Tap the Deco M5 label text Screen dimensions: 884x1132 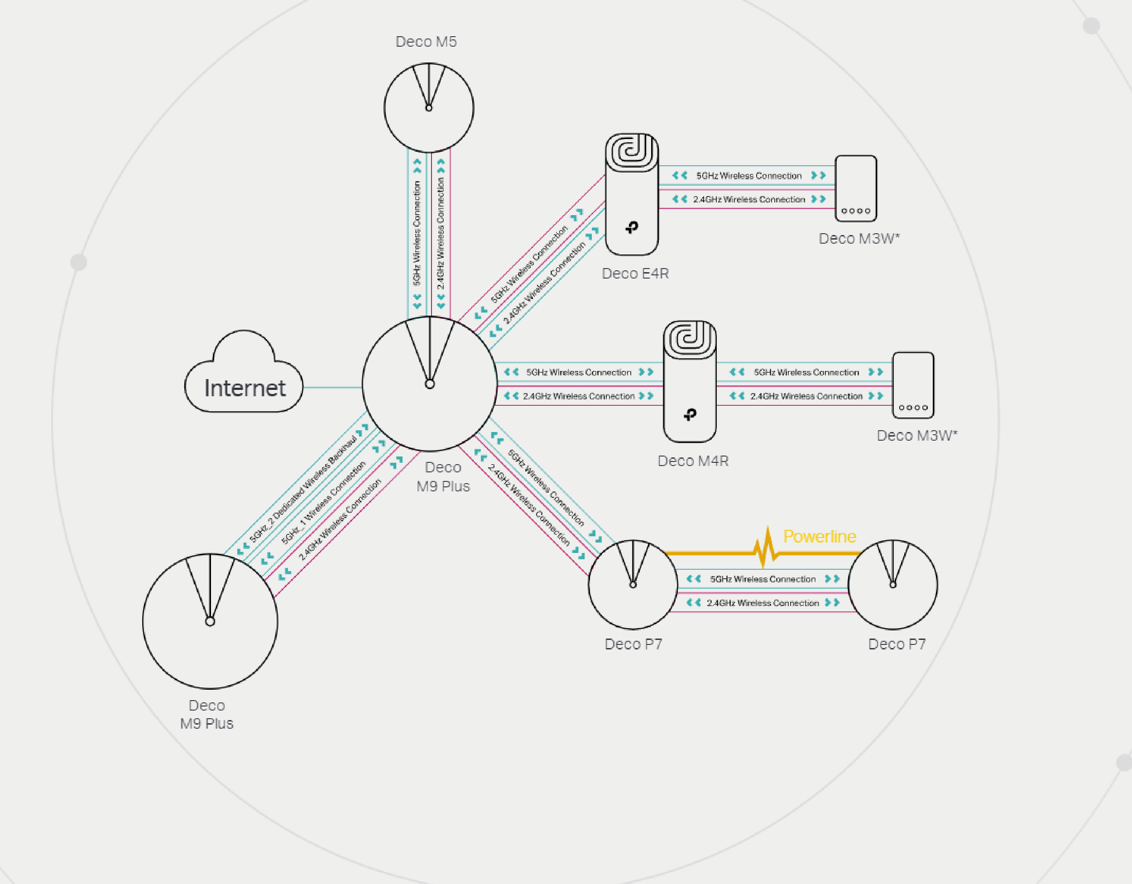pyautogui.click(x=426, y=42)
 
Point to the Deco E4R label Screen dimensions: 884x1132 pyautogui.click(x=635, y=273)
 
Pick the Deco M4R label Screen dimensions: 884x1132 pyautogui.click(x=693, y=461)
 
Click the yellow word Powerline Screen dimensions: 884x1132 pyautogui.click(x=819, y=536)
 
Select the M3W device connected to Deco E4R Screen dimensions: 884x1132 pyautogui.click(x=856, y=189)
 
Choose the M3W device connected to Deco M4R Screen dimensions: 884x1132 pyautogui.click(x=913, y=385)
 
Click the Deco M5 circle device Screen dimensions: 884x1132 pyautogui.click(x=429, y=108)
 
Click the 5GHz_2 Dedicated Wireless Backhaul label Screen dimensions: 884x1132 pyautogui.click(x=303, y=490)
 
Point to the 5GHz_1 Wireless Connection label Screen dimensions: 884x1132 pyautogui.click(x=323, y=503)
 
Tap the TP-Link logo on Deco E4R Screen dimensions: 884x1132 pyautogui.click(x=632, y=227)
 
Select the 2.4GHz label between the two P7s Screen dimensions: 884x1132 pyautogui.click(x=763, y=603)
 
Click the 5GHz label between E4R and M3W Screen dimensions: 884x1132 pyautogui.click(x=748, y=176)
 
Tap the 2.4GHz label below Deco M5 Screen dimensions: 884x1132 pyautogui.click(x=441, y=233)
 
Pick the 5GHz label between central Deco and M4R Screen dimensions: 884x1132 pyautogui.click(x=578, y=372)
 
